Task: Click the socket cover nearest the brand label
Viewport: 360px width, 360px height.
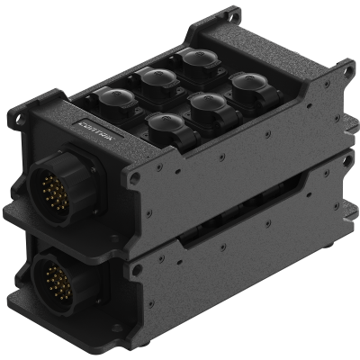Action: pyautogui.click(x=114, y=101)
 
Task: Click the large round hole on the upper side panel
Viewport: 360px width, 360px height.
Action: pyautogui.click(x=135, y=178)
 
